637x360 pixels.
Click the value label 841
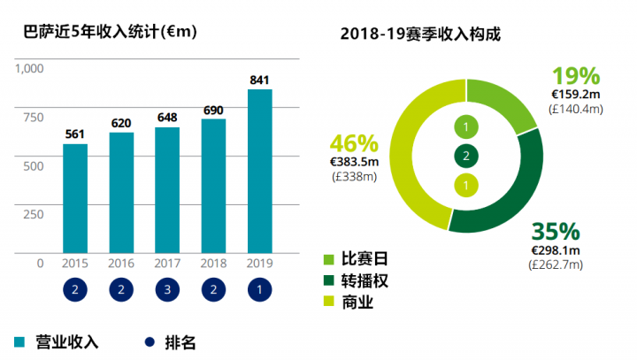tap(260, 80)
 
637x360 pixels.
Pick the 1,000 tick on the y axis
tap(29, 68)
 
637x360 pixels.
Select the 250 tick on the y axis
tap(33, 214)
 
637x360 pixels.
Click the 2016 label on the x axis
tap(121, 264)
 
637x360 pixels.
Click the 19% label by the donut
tap(576, 75)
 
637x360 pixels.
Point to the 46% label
tap(354, 143)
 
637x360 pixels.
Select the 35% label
tap(555, 232)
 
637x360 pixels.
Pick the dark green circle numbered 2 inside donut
tap(466, 157)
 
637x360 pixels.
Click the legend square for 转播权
tap(329, 281)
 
